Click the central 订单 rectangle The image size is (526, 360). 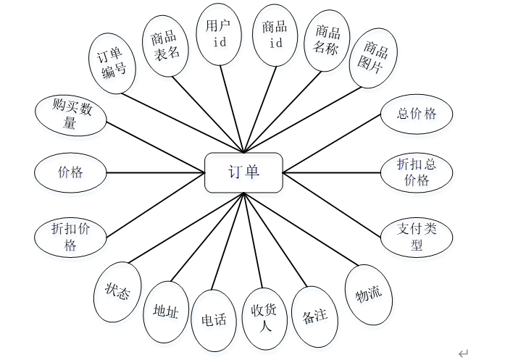click(243, 172)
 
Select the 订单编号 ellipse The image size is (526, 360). click(112, 62)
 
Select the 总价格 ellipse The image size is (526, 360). click(417, 114)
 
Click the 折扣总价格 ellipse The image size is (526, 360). click(417, 172)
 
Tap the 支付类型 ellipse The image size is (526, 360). click(417, 236)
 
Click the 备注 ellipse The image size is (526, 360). click(315, 317)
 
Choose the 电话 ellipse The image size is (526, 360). click(214, 319)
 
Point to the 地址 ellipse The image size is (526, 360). click(166, 312)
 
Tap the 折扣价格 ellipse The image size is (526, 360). click(70, 236)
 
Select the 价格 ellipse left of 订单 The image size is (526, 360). click(70, 172)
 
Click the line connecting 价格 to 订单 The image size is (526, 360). click(156, 172)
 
